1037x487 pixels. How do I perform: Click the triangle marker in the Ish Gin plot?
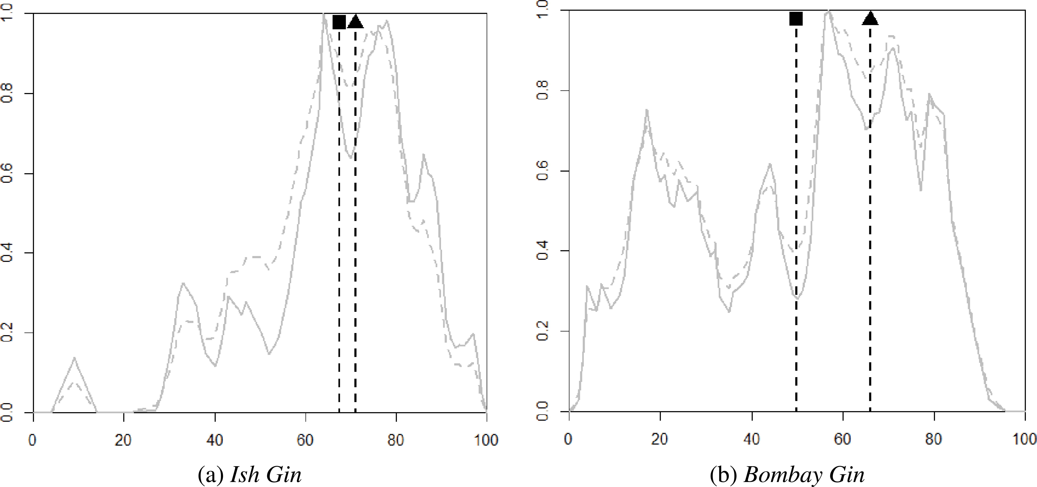tap(355, 22)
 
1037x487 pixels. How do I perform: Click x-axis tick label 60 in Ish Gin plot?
tap(306, 440)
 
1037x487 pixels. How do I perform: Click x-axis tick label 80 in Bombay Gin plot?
tap(934, 439)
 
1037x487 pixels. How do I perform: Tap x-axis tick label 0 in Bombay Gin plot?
tap(569, 439)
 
